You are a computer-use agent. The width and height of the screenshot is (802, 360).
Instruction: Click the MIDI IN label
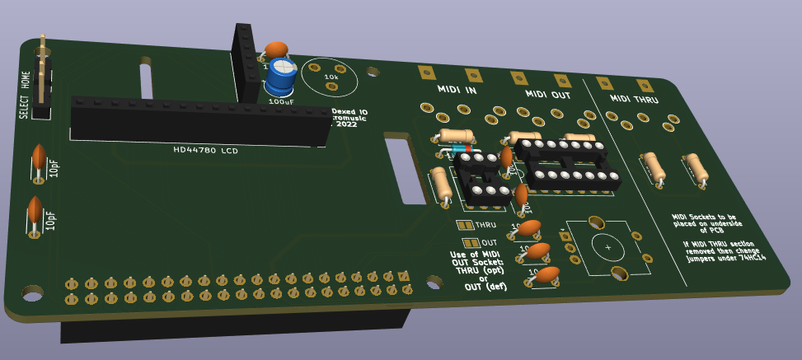[x=457, y=90]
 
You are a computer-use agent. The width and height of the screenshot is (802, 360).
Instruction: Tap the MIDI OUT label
[x=547, y=95]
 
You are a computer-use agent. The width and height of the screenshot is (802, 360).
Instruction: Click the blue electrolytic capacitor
[x=280, y=76]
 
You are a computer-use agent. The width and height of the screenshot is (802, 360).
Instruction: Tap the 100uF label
[x=281, y=101]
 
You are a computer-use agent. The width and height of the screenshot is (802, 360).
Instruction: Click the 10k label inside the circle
[x=331, y=77]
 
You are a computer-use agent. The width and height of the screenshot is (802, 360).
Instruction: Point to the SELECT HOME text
[x=26, y=95]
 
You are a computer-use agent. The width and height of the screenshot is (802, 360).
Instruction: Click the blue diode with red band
[x=458, y=149]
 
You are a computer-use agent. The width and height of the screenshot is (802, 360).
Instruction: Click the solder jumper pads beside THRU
[x=465, y=224]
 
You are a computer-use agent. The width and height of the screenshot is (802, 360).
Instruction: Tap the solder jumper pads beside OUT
[x=471, y=242]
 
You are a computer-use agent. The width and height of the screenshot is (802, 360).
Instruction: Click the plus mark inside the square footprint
[x=607, y=246]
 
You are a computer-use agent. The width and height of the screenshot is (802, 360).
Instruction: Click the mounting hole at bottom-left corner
[x=32, y=292]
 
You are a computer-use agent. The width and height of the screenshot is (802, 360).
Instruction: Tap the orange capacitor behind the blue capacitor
[x=276, y=50]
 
